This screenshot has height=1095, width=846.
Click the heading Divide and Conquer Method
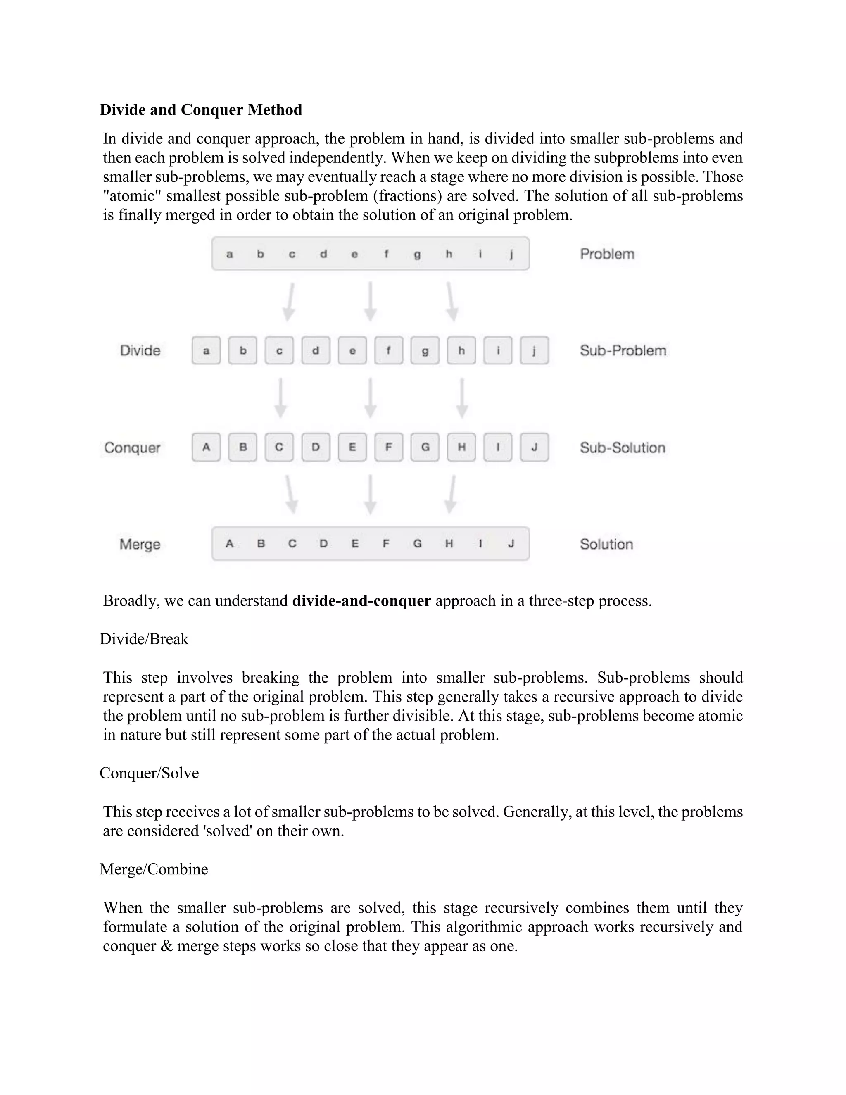pos(200,110)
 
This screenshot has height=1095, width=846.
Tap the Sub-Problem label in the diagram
pos(623,350)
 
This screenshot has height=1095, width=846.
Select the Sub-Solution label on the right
pos(623,448)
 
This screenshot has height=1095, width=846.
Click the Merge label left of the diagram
pos(140,545)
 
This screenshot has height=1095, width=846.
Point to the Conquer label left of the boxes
pos(132,448)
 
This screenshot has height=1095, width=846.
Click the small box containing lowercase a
pos(206,350)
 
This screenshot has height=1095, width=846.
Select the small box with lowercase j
pos(534,350)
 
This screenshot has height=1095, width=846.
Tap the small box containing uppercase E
pos(352,447)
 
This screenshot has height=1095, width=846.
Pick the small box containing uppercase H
pos(461,447)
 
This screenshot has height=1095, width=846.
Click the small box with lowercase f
pos(388,350)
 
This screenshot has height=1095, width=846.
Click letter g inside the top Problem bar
pos(417,254)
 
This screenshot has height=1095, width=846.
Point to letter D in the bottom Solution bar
pos(324,543)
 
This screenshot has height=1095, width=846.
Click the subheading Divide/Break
pos(144,639)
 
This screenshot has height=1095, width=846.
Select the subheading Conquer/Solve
pos(149,773)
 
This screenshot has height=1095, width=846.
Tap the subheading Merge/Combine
pos(153,869)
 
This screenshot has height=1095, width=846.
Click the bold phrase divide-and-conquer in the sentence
pos(361,601)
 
